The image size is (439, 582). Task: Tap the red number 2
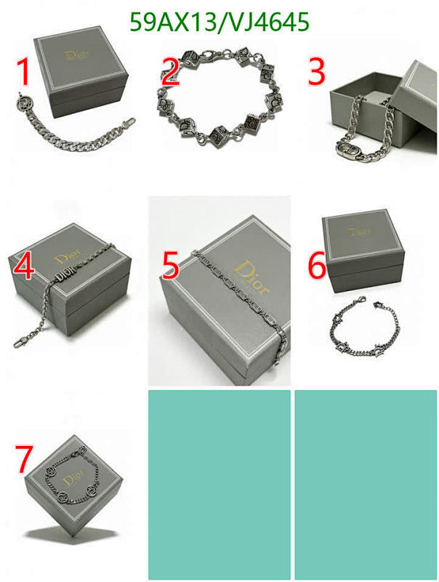pos(170,73)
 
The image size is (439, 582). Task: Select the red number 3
pos(316,73)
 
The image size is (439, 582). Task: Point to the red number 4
pos(23,267)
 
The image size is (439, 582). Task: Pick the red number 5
pos(170,267)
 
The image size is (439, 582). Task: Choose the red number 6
pos(317,267)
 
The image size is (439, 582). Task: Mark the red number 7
pos(23,460)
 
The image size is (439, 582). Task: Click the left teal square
pos(219,484)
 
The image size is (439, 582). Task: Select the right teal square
pos(366,484)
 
